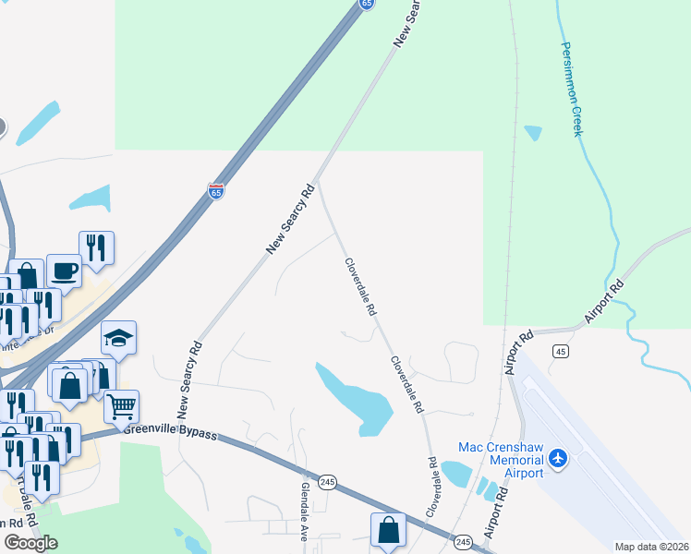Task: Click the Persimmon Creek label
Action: click(569, 90)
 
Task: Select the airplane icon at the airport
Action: click(557, 458)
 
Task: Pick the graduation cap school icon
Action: click(118, 338)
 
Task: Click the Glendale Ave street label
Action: click(303, 510)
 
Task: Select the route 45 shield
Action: click(560, 351)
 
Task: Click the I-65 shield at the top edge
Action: click(368, 4)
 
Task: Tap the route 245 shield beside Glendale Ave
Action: click(327, 483)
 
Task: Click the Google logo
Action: click(30, 543)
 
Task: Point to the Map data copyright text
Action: click(652, 547)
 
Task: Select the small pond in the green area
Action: click(533, 133)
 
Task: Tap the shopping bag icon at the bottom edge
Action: click(388, 530)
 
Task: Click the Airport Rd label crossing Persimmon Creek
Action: click(604, 301)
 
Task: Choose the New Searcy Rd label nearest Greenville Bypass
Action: click(189, 379)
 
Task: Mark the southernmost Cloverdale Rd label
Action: click(431, 487)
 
